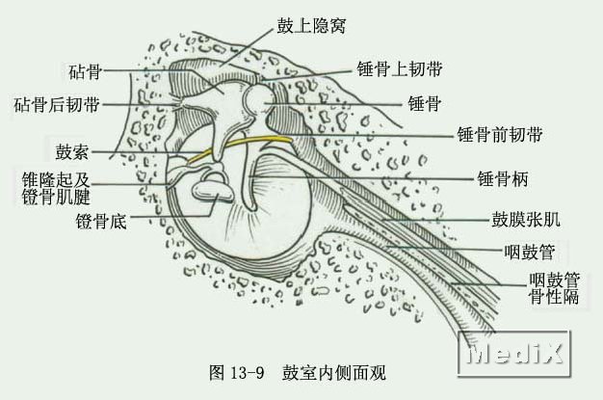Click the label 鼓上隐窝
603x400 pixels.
311,26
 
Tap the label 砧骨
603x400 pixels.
85,71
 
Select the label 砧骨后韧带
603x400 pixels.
57,105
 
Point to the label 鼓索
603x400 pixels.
72,152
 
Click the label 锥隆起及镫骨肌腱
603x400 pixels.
56,188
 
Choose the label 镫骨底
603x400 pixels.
101,222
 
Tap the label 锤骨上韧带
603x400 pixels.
400,68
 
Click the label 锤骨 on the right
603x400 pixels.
424,103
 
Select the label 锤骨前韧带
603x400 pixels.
500,135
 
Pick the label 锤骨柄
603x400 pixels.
503,178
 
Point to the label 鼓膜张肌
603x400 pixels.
526,220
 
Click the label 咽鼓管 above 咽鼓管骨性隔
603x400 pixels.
530,253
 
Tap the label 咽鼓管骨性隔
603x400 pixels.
554,288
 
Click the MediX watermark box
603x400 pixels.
514,353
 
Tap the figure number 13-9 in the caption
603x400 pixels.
248,372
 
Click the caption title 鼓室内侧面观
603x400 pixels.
334,372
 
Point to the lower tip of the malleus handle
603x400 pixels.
250,208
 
